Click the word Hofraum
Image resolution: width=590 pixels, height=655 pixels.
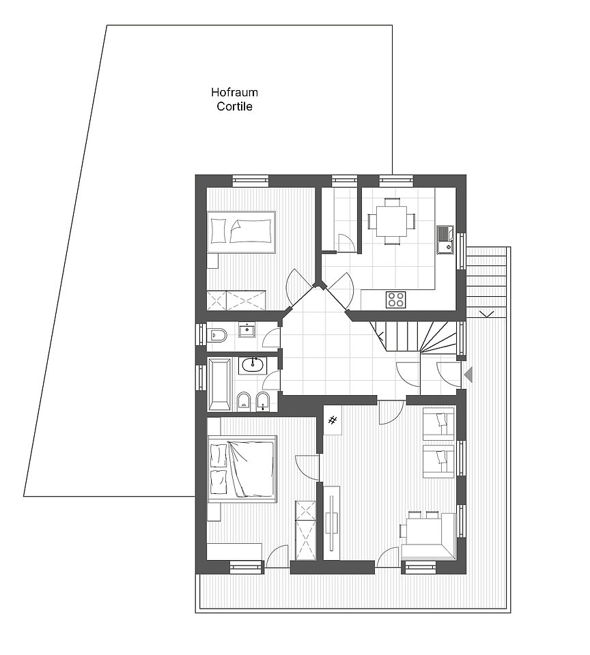234,92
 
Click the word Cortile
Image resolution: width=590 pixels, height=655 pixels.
235,106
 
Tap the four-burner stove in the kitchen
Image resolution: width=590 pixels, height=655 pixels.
395,300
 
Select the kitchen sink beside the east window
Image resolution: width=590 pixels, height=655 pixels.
445,239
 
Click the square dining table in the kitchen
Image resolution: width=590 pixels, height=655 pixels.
392,221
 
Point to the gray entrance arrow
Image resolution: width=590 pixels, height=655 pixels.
468,375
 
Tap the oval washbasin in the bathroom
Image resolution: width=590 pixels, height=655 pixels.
253,366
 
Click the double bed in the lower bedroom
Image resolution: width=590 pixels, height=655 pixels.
242,469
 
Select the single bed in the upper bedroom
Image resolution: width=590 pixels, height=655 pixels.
242,232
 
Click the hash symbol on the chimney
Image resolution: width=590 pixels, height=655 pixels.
333,420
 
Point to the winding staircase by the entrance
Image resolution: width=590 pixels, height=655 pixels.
416,336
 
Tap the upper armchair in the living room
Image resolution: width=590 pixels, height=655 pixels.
438,424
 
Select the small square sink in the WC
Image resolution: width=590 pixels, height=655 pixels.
248,330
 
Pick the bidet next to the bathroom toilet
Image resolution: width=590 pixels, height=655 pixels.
263,401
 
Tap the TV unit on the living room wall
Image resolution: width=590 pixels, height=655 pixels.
333,522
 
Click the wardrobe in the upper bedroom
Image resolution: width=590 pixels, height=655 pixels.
237,300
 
